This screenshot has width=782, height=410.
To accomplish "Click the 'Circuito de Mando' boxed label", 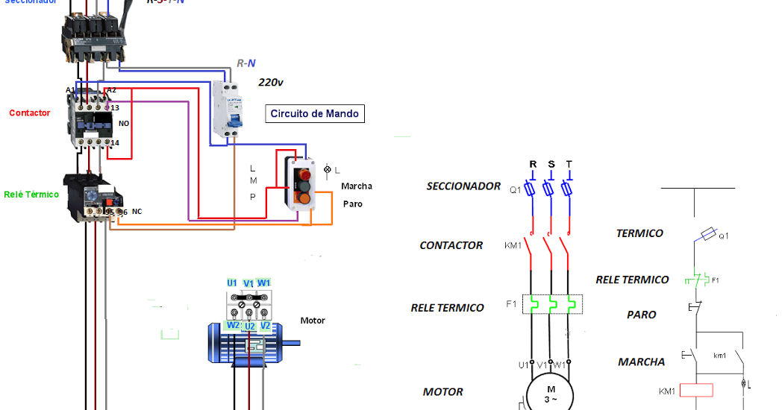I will (x=315, y=114).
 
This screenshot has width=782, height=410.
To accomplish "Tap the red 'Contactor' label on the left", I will (x=30, y=113).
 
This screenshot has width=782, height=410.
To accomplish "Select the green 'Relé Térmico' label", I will (x=31, y=195).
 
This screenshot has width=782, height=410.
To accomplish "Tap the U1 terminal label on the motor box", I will (x=232, y=283).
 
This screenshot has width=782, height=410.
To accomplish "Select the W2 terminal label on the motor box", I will (x=234, y=326).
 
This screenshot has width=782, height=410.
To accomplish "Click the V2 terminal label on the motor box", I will (x=265, y=326).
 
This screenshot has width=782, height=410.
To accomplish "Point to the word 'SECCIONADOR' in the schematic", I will (x=463, y=186).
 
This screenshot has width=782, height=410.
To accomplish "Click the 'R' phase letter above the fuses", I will (x=533, y=165).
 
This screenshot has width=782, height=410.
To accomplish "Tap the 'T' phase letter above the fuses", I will (x=569, y=165).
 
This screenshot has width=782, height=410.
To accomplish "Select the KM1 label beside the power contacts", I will (x=513, y=245).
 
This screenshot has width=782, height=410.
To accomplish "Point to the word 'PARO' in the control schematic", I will (x=641, y=315).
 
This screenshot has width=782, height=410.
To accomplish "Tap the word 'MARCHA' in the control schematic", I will (x=641, y=362).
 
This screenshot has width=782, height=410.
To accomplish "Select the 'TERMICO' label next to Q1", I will (x=639, y=233).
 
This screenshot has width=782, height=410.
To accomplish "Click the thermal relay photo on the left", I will (x=90, y=198).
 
